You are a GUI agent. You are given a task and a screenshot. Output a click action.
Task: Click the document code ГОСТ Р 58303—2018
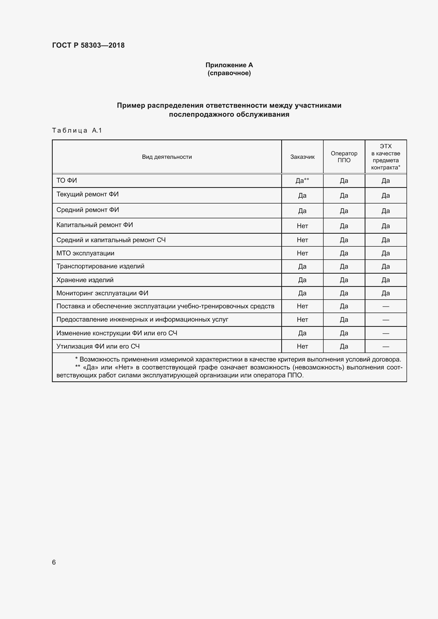coord(88,45)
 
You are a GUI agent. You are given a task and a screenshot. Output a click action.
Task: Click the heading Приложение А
coord(229,65)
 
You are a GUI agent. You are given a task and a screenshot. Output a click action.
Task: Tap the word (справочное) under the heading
coord(229,73)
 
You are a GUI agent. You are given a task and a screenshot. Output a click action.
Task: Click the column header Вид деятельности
coord(167,157)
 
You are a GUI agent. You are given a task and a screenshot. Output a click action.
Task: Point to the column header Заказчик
coord(302,157)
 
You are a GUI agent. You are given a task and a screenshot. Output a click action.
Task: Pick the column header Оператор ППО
coord(344,157)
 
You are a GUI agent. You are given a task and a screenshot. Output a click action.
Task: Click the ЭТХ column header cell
coord(385,157)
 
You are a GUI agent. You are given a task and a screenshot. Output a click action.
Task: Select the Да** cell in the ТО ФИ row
coord(302,181)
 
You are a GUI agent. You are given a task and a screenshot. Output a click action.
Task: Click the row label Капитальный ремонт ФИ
coord(94,225)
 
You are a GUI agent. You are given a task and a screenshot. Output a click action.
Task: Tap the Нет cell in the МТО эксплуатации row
coord(302,253)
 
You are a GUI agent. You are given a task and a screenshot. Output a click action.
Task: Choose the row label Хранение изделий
coord(85,280)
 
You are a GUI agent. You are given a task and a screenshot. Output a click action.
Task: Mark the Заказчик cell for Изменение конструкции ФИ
coord(302,333)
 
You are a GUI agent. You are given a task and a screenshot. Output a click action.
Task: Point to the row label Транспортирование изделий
coord(100,266)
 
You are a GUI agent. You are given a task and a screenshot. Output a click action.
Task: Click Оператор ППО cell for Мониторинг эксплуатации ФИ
coord(344,293)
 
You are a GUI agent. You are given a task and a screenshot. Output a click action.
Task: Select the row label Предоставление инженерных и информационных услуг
coord(142,319)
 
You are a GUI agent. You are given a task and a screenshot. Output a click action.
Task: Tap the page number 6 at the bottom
coord(54,562)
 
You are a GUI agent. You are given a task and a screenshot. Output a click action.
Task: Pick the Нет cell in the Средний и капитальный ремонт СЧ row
coord(302,240)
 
